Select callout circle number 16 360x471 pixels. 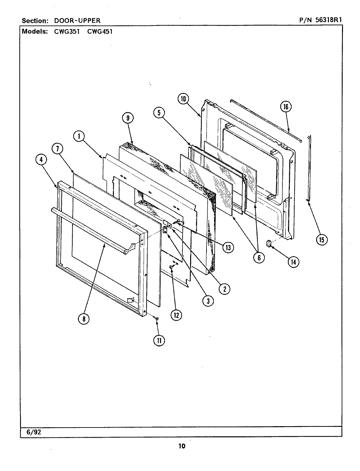286,107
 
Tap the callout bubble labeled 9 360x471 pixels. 128,118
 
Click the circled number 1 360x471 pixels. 79,136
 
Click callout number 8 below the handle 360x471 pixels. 84,319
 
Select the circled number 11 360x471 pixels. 159,340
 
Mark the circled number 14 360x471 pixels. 293,261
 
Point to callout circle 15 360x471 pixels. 321,240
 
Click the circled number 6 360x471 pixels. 259,257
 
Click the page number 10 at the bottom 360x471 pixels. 182,446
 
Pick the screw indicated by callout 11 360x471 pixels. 157,318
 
